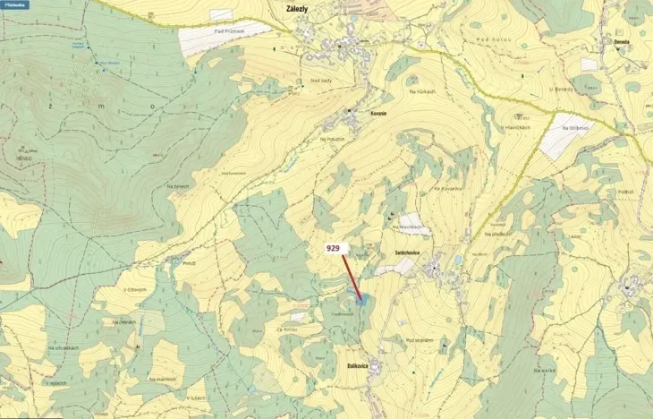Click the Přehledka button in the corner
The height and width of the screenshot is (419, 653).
(15, 5)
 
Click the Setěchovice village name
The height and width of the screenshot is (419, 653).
(407, 252)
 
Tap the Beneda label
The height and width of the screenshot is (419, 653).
(623, 41)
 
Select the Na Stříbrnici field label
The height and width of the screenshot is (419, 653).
(576, 128)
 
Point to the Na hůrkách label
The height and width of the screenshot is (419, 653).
(421, 91)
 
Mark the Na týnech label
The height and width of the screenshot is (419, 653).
(178, 186)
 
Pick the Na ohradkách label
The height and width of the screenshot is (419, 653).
(65, 347)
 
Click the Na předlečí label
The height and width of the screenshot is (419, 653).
(497, 234)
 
